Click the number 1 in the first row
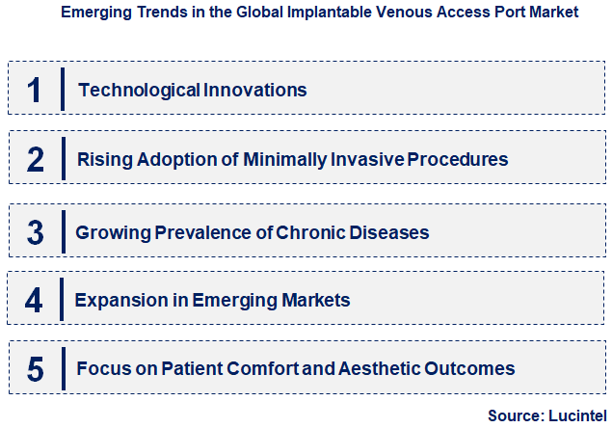coord(34,90)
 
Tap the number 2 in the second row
coord(35,159)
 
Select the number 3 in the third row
coord(35,232)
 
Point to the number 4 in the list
coord(34,301)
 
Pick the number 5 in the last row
coord(35,369)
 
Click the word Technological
coord(140,91)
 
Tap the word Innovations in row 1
coord(255,91)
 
